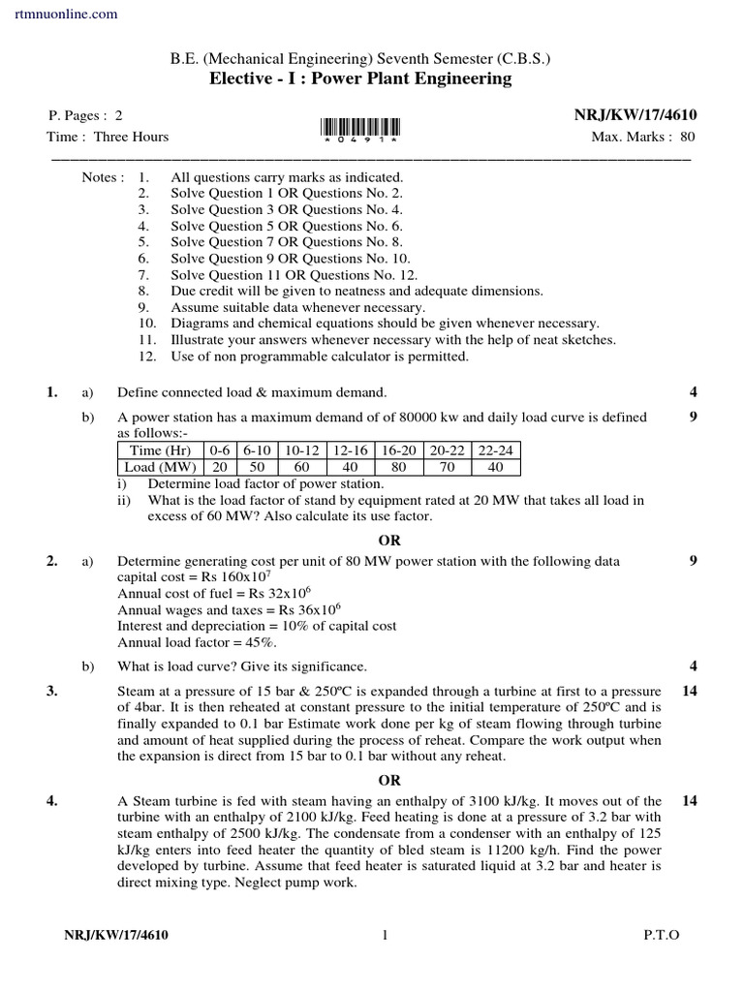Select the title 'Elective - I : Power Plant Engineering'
pyautogui.click(x=360, y=78)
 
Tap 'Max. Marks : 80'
pyautogui.click(x=643, y=137)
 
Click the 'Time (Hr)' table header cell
pyautogui.click(x=161, y=450)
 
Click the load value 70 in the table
pyautogui.click(x=448, y=467)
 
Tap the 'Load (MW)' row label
pyautogui.click(x=161, y=467)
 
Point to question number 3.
pyautogui.click(x=52, y=691)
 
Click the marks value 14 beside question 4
pyautogui.click(x=690, y=800)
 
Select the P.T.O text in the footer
pyautogui.click(x=662, y=935)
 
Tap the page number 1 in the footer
pyautogui.click(x=385, y=935)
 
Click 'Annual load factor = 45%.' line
pyautogui.click(x=198, y=642)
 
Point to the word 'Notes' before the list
pyautogui.click(x=102, y=177)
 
